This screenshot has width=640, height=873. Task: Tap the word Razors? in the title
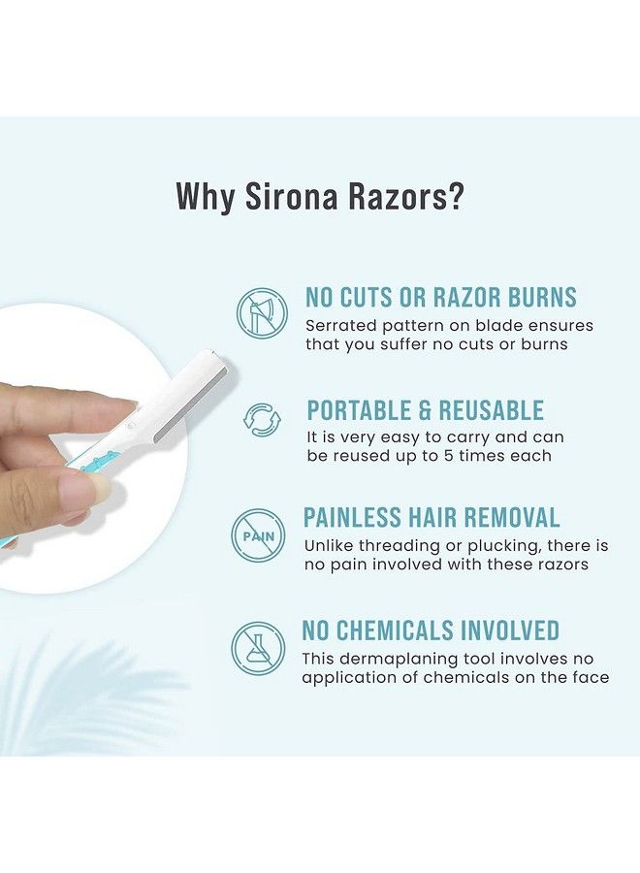click(x=410, y=196)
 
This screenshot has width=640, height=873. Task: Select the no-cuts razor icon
click(x=262, y=313)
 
